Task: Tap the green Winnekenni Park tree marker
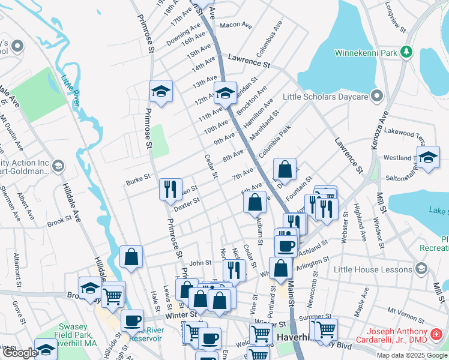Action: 407,52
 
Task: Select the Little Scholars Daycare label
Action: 325,96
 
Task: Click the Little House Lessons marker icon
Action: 421,268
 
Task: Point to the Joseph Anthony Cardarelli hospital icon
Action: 438,334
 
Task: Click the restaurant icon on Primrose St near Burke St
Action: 170,189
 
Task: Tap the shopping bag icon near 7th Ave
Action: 285,169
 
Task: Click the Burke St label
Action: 137,181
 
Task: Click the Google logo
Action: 19,353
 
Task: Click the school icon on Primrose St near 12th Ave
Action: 161,91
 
